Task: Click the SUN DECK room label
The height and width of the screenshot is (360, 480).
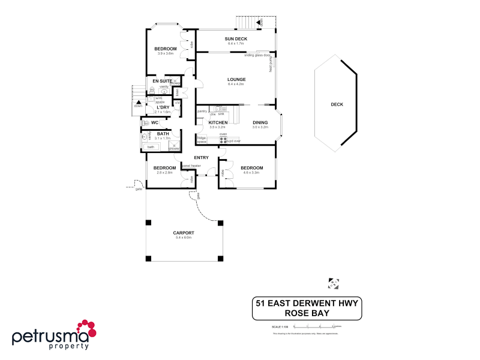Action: tap(236, 38)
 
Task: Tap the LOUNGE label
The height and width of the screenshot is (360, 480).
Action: tap(236, 79)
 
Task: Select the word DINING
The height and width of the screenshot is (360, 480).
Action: tap(260, 122)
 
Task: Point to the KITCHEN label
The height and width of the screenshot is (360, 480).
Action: tap(217, 122)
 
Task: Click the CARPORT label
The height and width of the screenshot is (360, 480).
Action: tap(183, 233)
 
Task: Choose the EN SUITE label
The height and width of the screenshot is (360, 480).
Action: tap(162, 80)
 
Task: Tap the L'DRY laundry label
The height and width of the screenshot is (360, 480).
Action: tap(163, 107)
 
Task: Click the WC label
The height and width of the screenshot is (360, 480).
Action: tap(154, 122)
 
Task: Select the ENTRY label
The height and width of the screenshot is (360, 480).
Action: tap(201, 158)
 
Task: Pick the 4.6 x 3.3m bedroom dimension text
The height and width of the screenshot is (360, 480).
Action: tap(251, 173)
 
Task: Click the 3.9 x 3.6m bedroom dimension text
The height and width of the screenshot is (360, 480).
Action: tap(165, 53)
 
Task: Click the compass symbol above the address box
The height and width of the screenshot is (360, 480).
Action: tap(334, 281)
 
